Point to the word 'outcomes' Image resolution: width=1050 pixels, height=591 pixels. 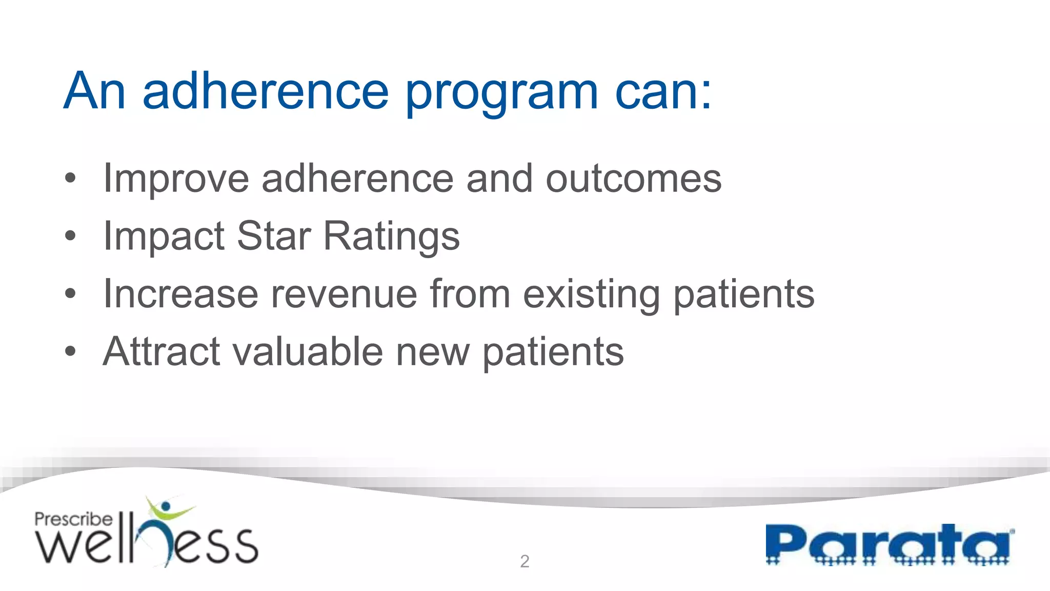point(633,179)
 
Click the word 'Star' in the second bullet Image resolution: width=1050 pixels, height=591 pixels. point(273,236)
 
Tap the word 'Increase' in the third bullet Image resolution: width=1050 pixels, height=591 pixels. point(180,294)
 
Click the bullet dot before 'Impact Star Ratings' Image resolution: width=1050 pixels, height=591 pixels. point(70,236)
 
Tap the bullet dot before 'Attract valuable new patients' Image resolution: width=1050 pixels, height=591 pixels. point(70,352)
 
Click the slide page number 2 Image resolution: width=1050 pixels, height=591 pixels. point(524,561)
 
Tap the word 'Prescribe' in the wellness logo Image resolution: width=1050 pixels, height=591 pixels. point(73,519)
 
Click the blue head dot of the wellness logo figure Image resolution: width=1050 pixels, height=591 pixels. point(165,507)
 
